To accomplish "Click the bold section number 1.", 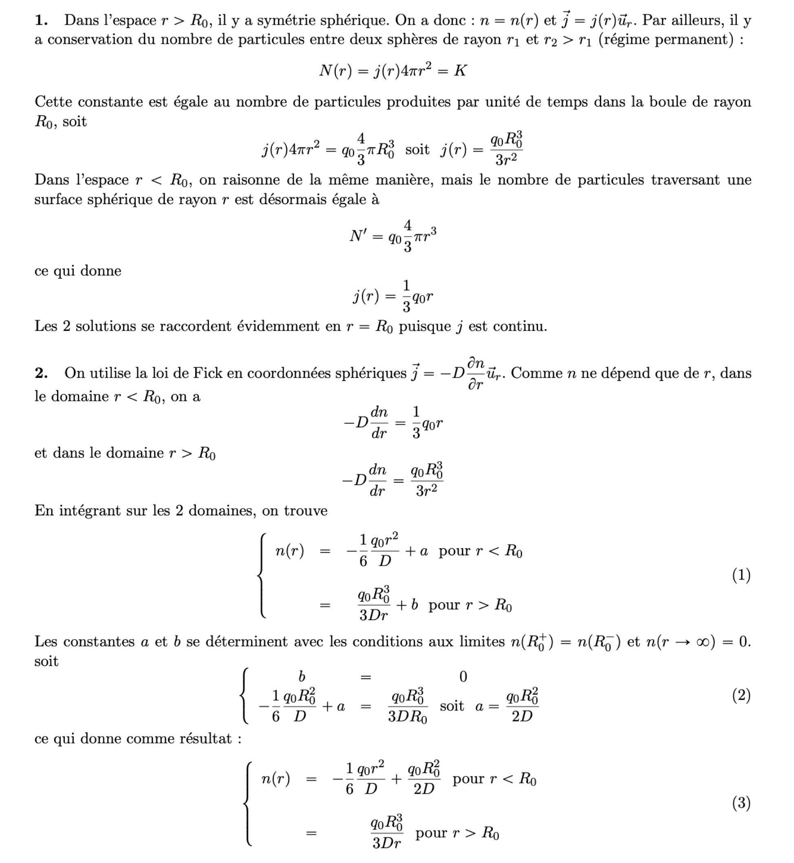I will tap(41, 20).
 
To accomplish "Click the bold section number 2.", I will tap(41, 373).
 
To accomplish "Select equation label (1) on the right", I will tap(741, 575).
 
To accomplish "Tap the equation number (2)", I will tap(741, 695).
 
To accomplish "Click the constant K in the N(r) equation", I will tap(460, 70).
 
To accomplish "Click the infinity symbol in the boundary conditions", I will tap(703, 641).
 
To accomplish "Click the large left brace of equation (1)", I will tap(261, 575).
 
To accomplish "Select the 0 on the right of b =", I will tap(463, 676).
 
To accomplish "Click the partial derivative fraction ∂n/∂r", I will tap(476, 374).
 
